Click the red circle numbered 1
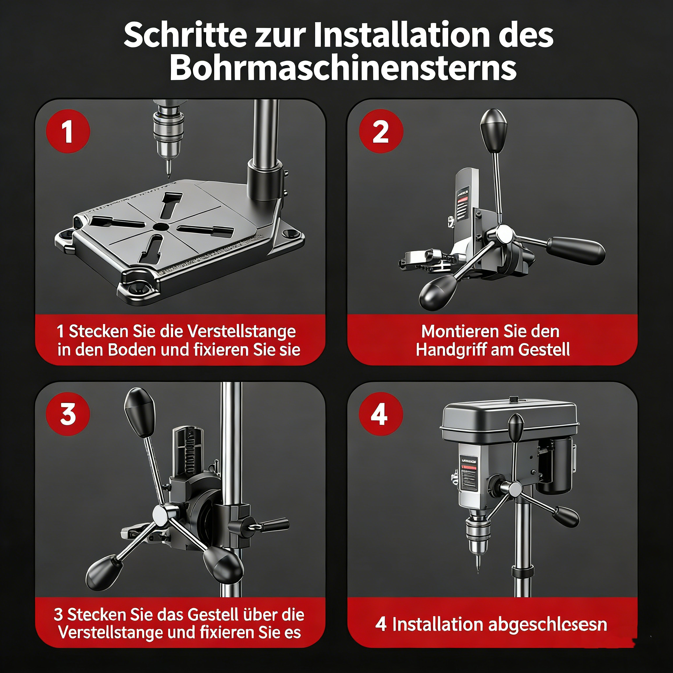click(68, 131)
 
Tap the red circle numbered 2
click(381, 131)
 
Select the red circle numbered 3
click(68, 414)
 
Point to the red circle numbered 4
click(381, 414)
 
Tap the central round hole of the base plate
click(161, 227)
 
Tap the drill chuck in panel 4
click(478, 533)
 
